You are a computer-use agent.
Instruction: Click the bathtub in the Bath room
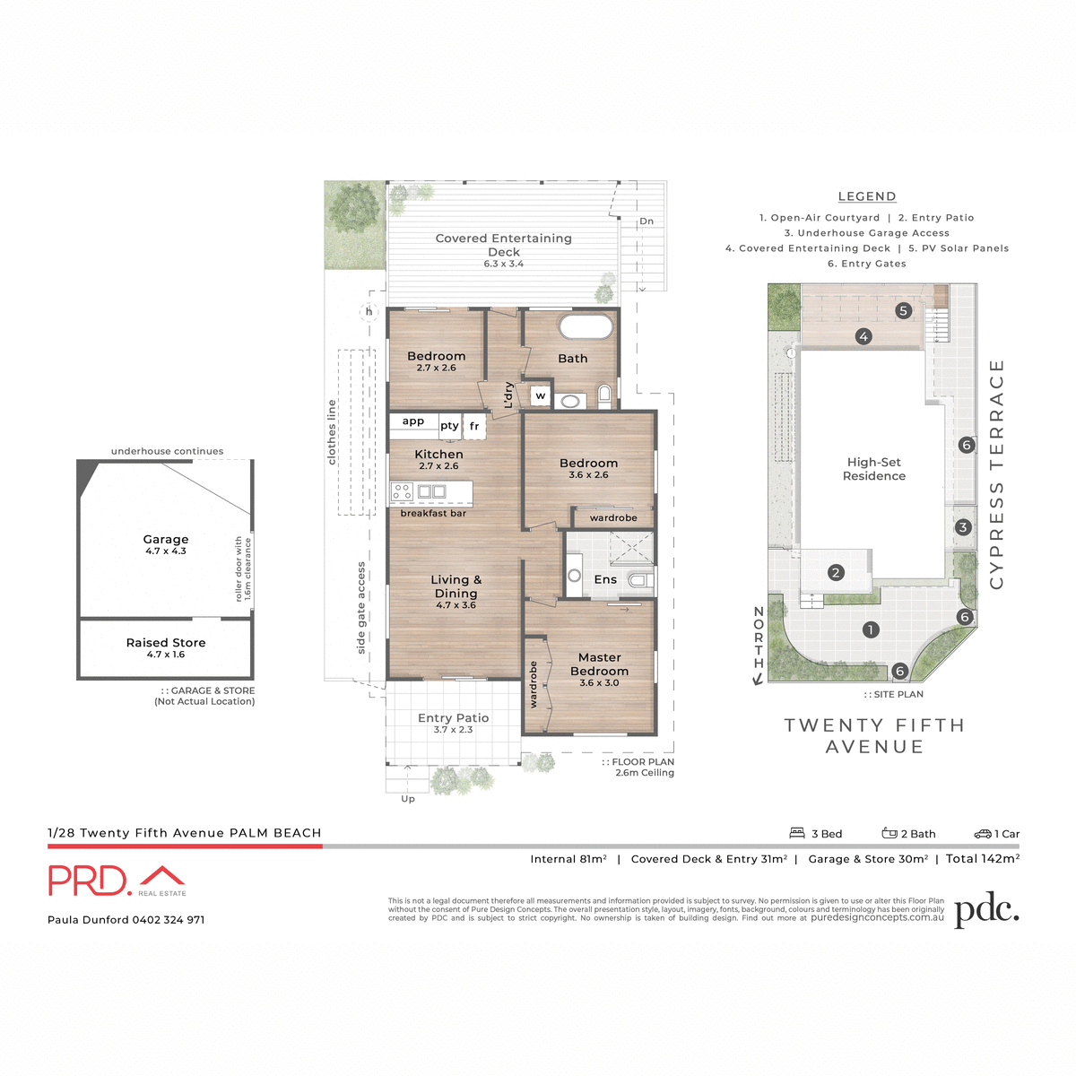point(586,326)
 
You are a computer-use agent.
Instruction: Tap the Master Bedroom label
point(599,664)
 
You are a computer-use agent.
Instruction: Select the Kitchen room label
point(438,455)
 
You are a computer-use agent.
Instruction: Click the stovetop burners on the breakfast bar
point(402,491)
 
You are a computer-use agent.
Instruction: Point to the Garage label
point(166,540)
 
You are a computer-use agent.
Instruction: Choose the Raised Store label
point(166,643)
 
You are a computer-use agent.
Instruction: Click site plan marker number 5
point(903,311)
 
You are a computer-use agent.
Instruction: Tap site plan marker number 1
point(870,630)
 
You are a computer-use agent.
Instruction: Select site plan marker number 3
point(963,527)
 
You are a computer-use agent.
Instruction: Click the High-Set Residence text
point(874,469)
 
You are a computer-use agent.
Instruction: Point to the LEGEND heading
point(867,196)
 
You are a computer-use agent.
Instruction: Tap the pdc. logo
point(986,909)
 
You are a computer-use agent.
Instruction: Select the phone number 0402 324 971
point(169,920)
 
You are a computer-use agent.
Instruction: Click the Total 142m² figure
point(983,859)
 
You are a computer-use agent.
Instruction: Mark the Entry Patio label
point(453,718)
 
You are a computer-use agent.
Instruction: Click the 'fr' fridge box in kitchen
point(474,426)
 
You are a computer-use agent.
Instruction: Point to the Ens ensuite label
point(605,580)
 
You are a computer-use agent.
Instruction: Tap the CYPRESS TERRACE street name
point(996,474)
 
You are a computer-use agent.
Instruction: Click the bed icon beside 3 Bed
point(797,833)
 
